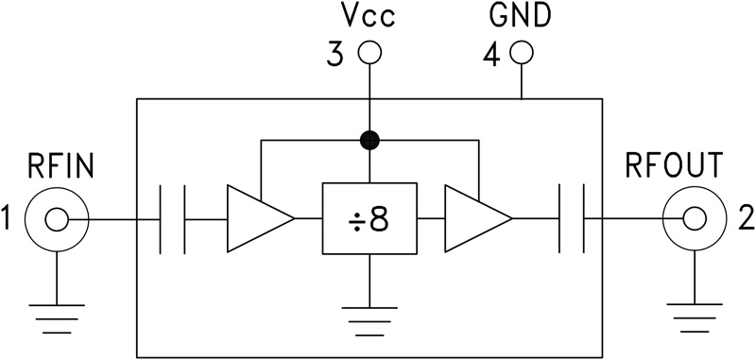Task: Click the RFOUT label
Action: pyautogui.click(x=675, y=167)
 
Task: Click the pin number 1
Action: pyautogui.click(x=9, y=220)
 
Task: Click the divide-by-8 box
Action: pyautogui.click(x=369, y=218)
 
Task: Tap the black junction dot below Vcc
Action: pyautogui.click(x=370, y=142)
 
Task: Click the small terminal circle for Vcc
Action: pyautogui.click(x=370, y=53)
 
